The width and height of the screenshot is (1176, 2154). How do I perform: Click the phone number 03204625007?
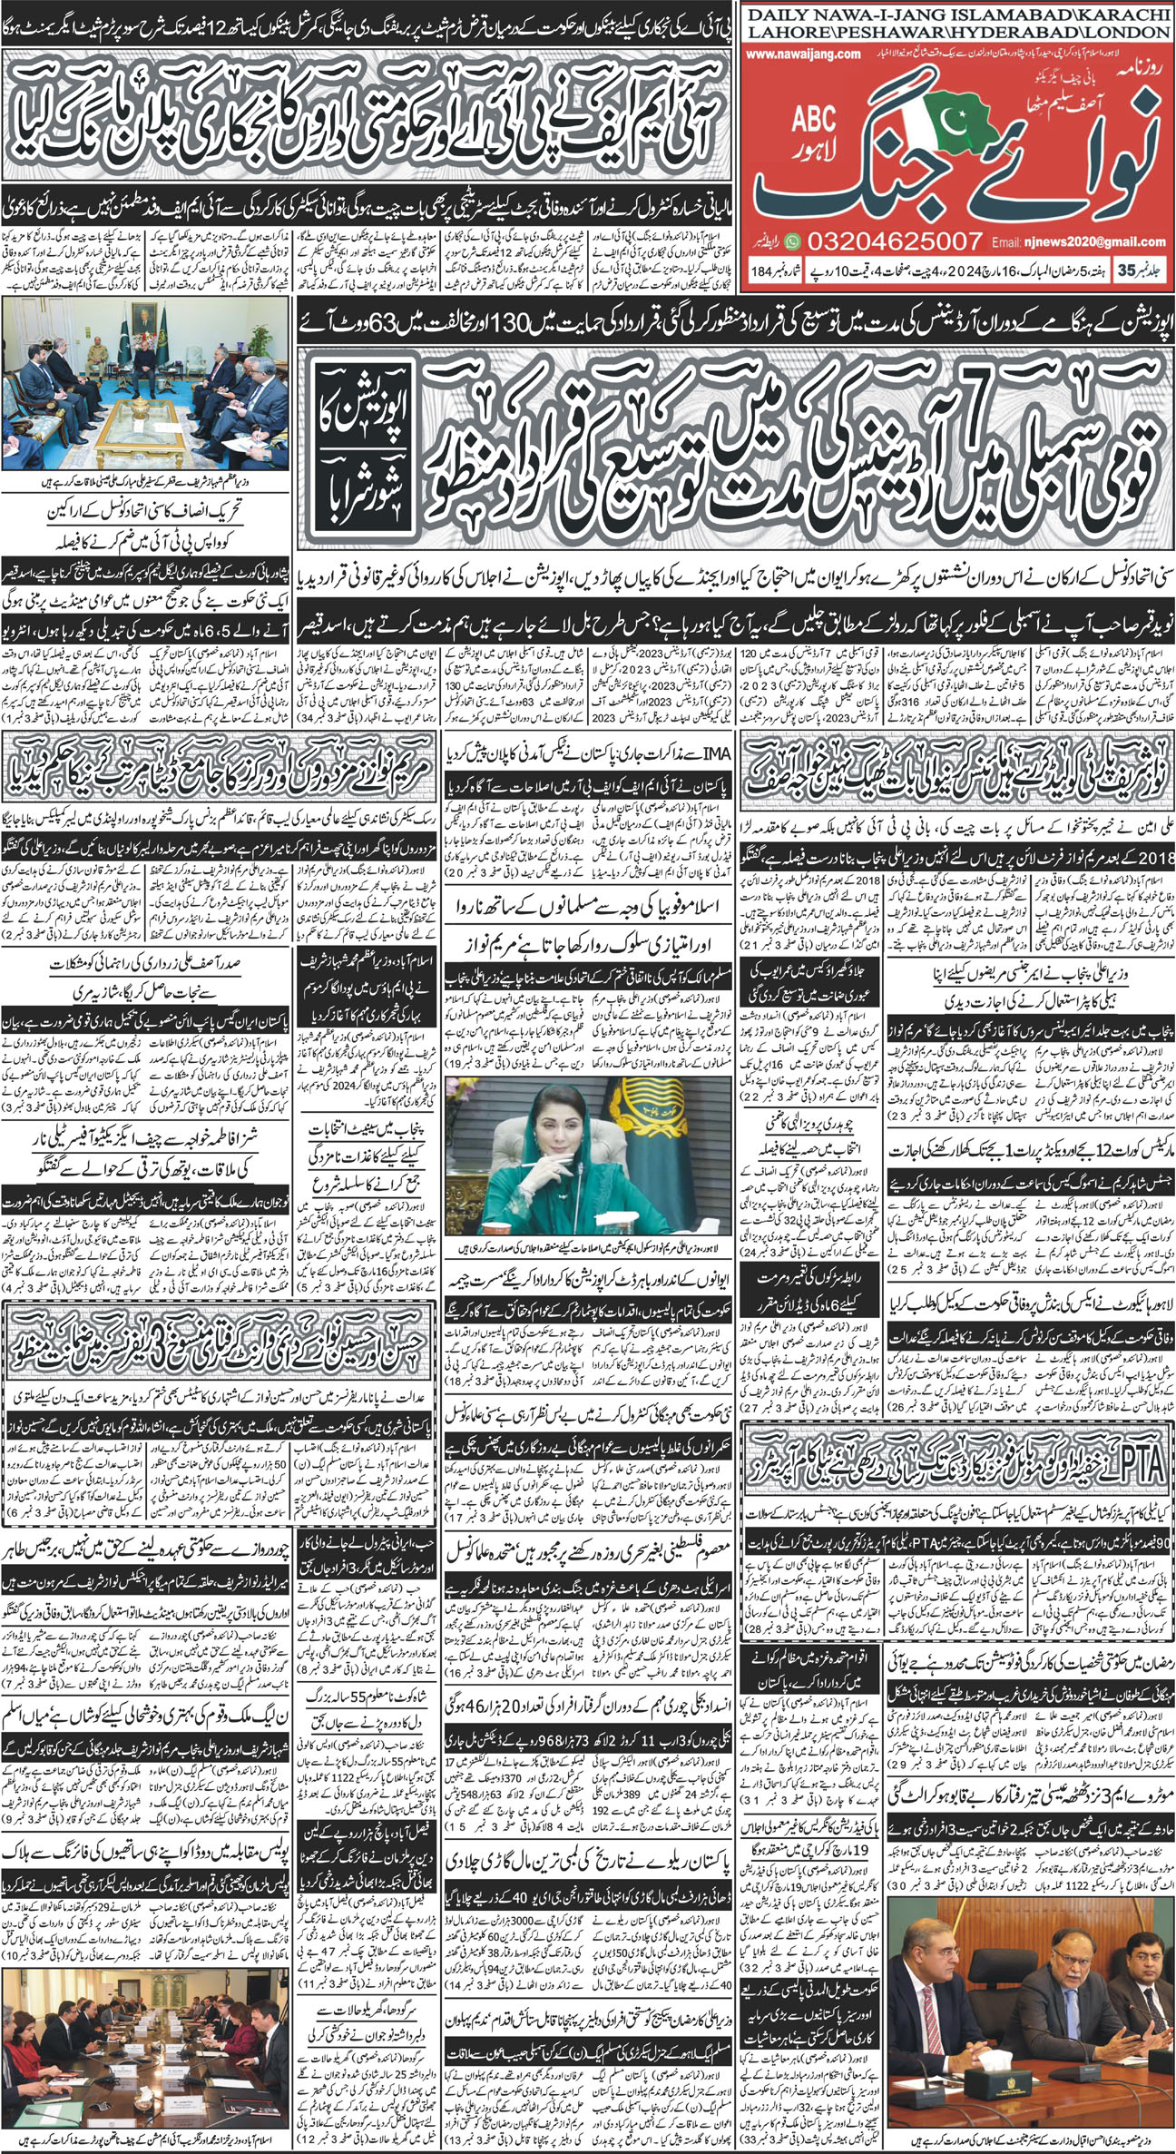[x=886, y=241]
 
